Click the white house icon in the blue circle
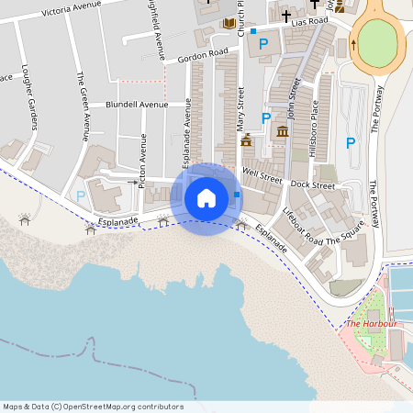(206, 197)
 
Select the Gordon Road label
(203, 54)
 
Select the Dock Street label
(312, 184)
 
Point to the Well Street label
(262, 172)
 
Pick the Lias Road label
(310, 21)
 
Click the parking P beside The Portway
(350, 142)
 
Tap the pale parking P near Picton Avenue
(81, 195)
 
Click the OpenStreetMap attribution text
(93, 407)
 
